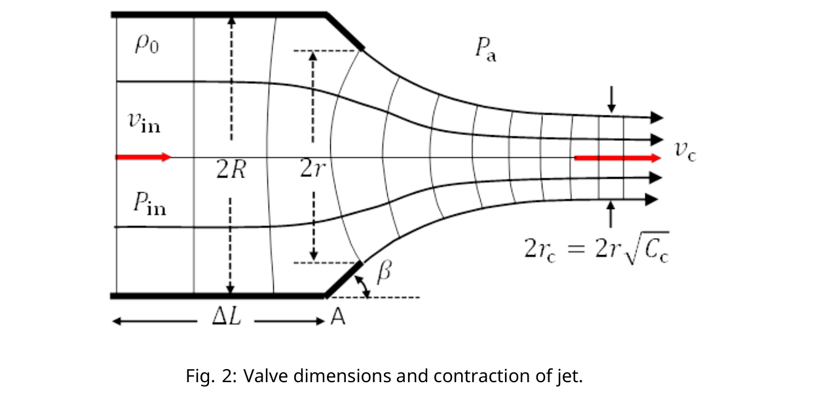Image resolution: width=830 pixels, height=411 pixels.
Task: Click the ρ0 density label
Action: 147,45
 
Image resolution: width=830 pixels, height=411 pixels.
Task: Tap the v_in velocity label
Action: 144,122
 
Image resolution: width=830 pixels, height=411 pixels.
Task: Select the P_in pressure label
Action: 150,203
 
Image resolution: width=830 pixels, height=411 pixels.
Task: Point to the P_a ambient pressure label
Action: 486,49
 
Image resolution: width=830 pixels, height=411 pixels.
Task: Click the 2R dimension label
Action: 231,169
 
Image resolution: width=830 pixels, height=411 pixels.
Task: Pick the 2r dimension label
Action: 312,168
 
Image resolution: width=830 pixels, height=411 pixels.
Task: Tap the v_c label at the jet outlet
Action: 685,151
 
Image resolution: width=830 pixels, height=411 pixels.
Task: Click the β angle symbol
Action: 384,271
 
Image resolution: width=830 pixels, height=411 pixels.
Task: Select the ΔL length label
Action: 227,317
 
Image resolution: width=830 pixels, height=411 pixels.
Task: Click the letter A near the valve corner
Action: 337,317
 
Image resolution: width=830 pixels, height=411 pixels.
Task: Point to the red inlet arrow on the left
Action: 143,157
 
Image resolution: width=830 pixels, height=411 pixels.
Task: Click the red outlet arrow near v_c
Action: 618,158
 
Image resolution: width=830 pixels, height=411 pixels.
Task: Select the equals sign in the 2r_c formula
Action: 576,248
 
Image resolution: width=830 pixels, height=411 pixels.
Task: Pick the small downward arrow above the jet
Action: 611,100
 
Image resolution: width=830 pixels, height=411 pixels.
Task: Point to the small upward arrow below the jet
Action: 611,214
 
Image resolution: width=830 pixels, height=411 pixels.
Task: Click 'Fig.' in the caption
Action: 200,376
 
